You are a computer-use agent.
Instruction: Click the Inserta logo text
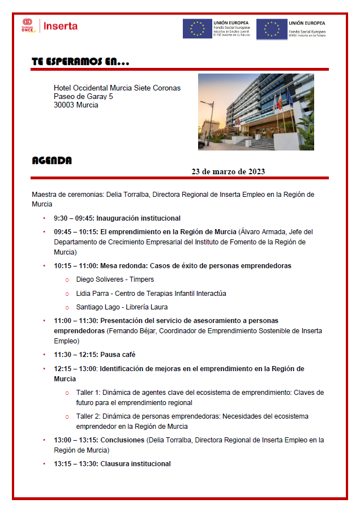coord(61,26)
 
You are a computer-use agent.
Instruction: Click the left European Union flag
coord(197,29)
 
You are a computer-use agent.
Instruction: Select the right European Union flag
coord(272,29)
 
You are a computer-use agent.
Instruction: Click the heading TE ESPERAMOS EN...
coord(80,62)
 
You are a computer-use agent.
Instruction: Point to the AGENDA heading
coord(52,161)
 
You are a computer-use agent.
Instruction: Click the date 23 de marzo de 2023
coord(228,171)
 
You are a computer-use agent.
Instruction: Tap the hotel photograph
coord(256,111)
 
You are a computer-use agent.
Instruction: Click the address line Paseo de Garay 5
coord(83,97)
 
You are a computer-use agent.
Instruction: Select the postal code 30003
coord(63,105)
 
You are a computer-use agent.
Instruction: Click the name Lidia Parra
coord(93,294)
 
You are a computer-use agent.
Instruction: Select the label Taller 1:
coord(88,393)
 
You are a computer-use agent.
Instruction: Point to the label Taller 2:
coord(88,416)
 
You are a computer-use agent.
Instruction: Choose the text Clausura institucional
coord(135,464)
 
